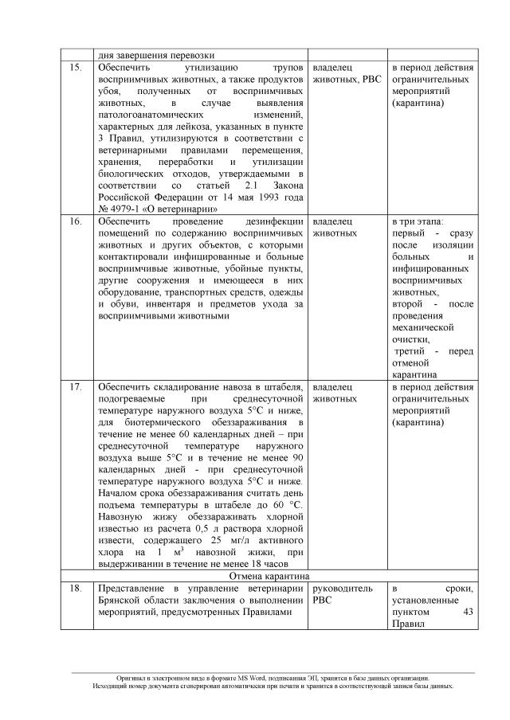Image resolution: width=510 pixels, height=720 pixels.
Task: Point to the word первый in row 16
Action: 408,233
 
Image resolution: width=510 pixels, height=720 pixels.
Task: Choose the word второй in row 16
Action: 408,303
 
